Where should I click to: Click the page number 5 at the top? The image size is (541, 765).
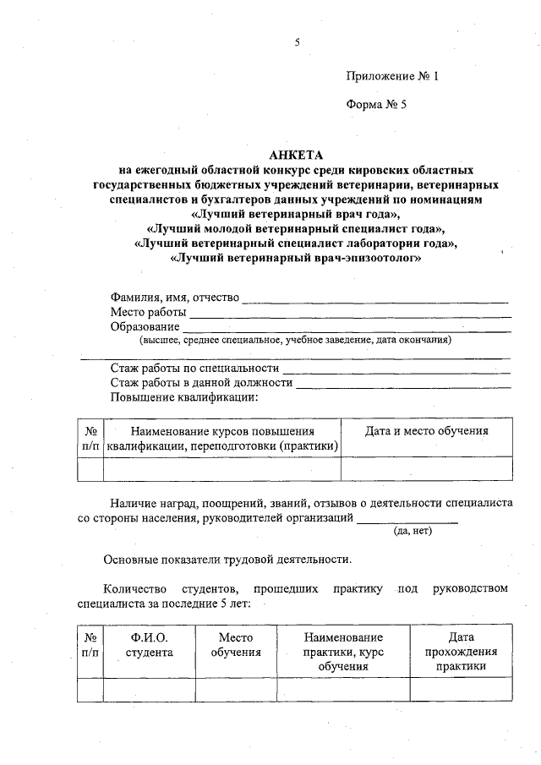point(297,41)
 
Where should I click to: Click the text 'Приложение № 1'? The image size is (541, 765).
point(392,76)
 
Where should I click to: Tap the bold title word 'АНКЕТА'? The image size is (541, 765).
point(296,155)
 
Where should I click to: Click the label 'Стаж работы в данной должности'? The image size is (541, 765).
point(201,383)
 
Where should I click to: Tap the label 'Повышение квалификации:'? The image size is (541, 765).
point(183,396)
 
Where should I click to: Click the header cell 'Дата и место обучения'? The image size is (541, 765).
point(426,431)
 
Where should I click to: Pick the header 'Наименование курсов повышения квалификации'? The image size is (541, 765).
point(221,438)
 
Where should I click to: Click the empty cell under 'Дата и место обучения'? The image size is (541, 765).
point(426,469)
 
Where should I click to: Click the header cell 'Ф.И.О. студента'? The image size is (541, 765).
point(149,645)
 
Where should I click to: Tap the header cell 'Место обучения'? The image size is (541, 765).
point(236,645)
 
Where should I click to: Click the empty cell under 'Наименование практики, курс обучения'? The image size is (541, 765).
point(343,690)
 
